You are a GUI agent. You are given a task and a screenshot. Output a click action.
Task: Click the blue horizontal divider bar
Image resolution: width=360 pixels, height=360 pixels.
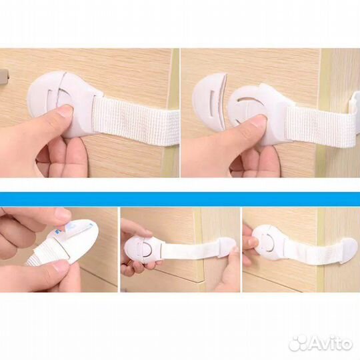(180, 199)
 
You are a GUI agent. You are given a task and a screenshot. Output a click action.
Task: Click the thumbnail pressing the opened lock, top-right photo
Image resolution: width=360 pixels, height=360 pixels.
(257, 123)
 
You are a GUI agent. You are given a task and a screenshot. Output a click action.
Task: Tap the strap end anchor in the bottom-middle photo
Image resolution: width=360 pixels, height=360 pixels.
(227, 247)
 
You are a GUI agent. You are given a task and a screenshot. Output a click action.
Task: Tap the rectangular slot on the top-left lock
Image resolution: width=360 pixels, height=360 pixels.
(51, 99)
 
